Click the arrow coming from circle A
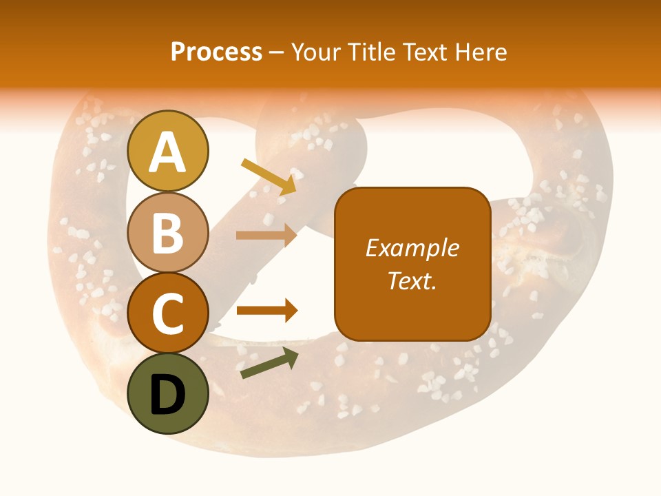[269, 176]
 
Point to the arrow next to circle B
[266, 235]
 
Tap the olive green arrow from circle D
[269, 363]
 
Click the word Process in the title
[216, 52]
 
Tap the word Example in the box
[412, 248]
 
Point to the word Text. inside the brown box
[412, 280]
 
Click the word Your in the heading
[314, 52]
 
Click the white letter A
[168, 152]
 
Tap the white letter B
[168, 233]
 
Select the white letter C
[168, 313]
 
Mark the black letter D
[168, 395]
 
